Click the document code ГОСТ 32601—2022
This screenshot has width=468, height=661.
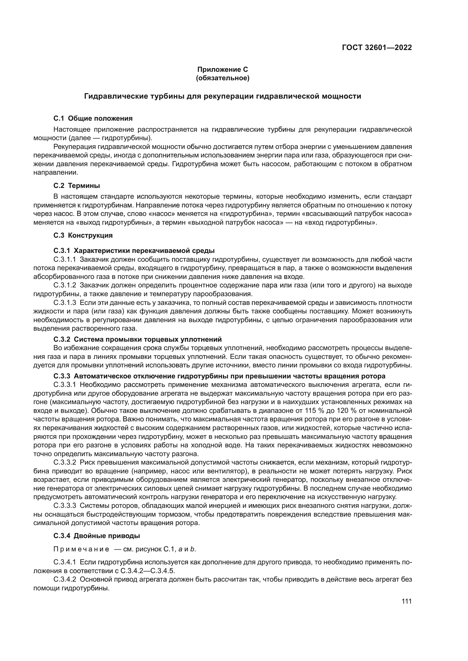click(x=377, y=48)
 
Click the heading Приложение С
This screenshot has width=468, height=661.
click(x=222, y=70)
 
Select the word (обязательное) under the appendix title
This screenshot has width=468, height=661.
click(x=222, y=78)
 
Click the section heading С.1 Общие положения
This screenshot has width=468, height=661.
click(x=93, y=118)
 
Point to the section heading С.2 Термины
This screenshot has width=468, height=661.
click(x=77, y=186)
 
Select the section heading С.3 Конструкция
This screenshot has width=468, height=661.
click(x=83, y=235)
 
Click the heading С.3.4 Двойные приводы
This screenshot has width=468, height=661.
click(x=96, y=536)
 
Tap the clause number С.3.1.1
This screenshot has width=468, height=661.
click(x=65, y=259)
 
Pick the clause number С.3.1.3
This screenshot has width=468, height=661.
click(x=65, y=303)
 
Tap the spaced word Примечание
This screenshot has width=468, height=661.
click(x=81, y=549)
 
